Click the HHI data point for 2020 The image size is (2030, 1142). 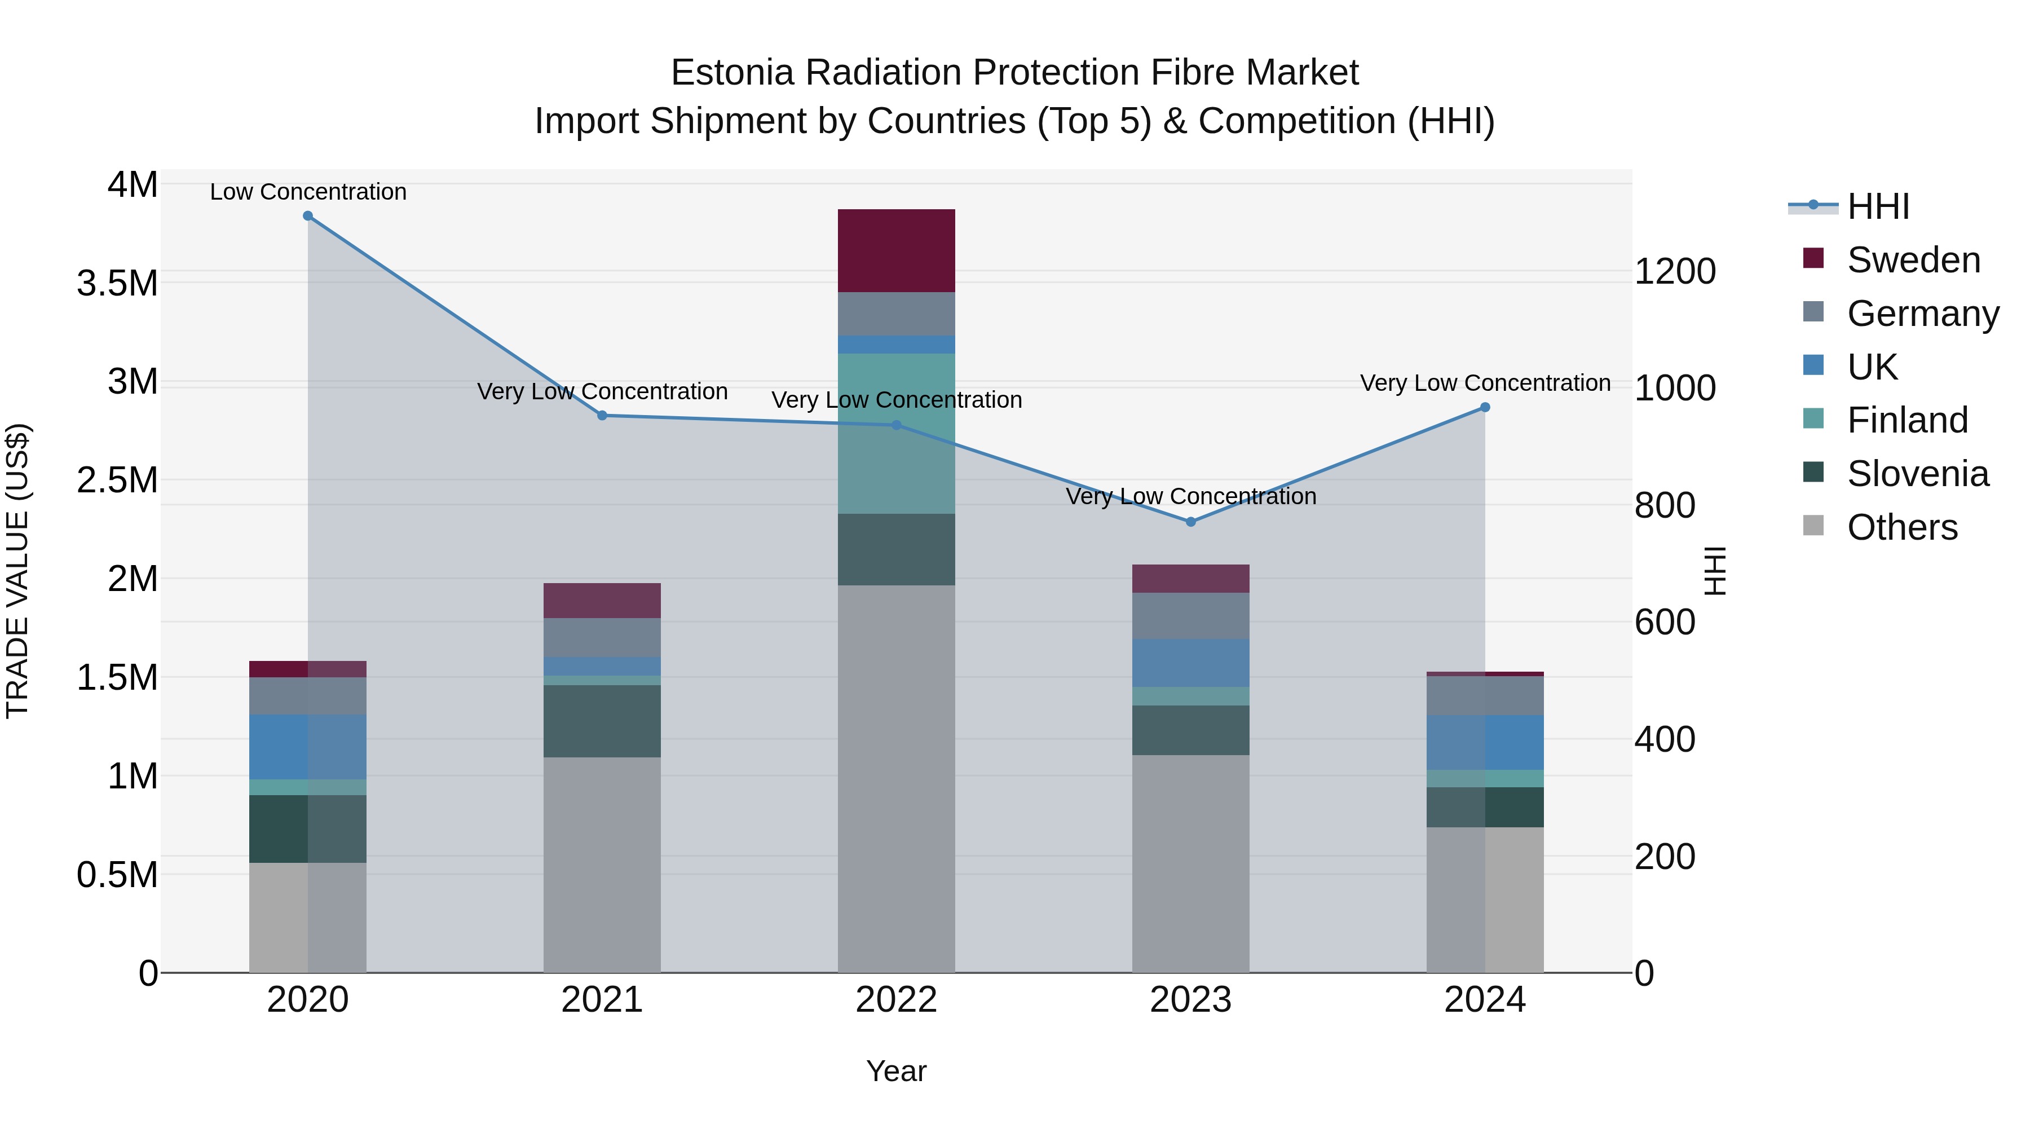click(308, 216)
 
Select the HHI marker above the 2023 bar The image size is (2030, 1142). click(1191, 522)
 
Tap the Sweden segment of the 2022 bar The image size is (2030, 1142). click(896, 250)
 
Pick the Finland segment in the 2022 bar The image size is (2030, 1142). click(896, 434)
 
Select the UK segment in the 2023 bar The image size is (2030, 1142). click(1191, 663)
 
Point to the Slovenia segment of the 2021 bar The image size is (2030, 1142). click(602, 721)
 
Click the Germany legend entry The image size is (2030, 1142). click(1923, 314)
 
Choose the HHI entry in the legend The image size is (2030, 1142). click(1878, 206)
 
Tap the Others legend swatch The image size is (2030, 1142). click(1813, 526)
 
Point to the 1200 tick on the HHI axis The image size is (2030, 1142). click(1675, 272)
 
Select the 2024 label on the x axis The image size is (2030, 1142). click(1485, 1000)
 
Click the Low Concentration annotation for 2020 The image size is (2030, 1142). click(308, 192)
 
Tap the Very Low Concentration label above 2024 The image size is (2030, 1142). click(1485, 383)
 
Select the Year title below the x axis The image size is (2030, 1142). click(896, 1071)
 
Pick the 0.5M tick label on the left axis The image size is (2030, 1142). click(117, 875)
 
